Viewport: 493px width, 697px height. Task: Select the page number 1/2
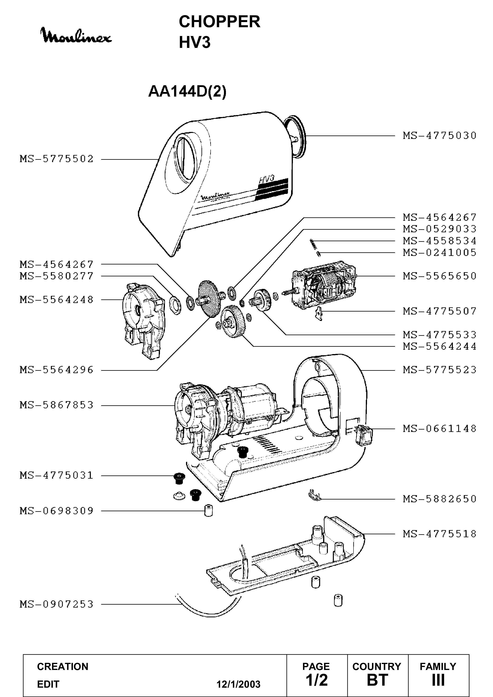[317, 680]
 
